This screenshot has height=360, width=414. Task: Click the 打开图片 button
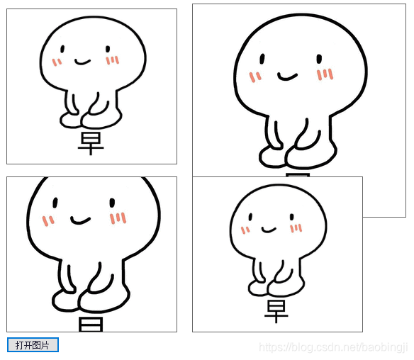click(x=33, y=345)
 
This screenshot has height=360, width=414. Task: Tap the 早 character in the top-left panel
click(x=91, y=143)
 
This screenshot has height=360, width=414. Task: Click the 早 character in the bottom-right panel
click(x=276, y=311)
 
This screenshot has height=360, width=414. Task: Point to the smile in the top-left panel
click(x=83, y=62)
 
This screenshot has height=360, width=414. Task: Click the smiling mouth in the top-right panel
click(x=286, y=76)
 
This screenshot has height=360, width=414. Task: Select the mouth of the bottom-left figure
click(x=80, y=220)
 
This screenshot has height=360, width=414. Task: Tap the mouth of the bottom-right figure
click(x=268, y=229)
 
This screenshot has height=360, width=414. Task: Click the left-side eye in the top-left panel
click(x=62, y=50)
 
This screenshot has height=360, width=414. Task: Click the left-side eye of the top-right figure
click(x=262, y=58)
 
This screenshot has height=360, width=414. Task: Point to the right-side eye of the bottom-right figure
click(x=291, y=217)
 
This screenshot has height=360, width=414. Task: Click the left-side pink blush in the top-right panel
click(x=255, y=76)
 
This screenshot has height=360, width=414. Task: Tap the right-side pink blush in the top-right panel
click(x=325, y=74)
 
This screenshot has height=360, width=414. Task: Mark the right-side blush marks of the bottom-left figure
click(x=118, y=218)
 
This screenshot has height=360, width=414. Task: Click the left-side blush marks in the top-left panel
click(x=57, y=62)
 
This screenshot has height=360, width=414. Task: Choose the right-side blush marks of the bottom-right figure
click(x=296, y=228)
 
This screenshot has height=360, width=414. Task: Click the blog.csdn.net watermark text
click(x=333, y=347)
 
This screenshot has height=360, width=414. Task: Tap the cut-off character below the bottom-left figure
click(x=91, y=325)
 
